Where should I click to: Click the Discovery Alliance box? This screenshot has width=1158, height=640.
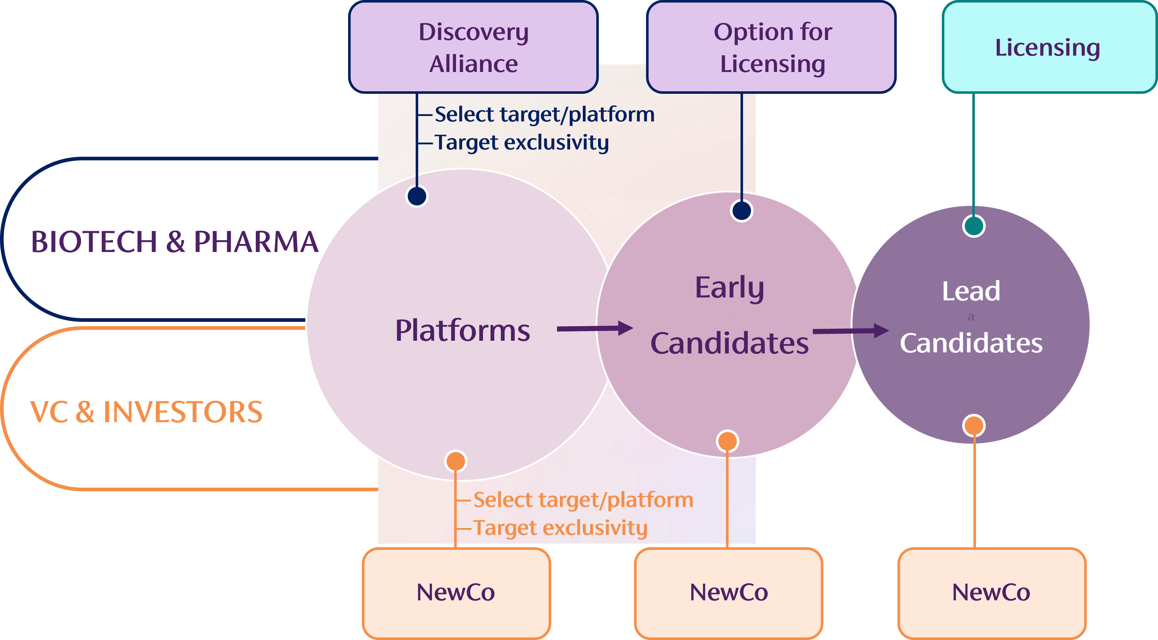click(x=473, y=47)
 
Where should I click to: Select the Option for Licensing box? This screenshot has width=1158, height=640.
click(x=771, y=47)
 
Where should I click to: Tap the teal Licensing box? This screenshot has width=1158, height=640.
click(x=1050, y=47)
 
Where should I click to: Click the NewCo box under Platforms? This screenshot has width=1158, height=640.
click(x=456, y=593)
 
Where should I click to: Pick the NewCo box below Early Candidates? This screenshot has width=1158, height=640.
click(x=729, y=593)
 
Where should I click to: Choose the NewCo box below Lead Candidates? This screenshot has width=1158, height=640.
click(x=992, y=593)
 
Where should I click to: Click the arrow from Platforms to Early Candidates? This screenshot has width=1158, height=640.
click(x=595, y=328)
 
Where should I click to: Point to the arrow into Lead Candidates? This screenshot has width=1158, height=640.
click(x=851, y=331)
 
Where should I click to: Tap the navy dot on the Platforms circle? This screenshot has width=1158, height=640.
click(x=417, y=196)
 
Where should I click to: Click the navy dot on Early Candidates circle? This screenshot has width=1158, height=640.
click(x=742, y=211)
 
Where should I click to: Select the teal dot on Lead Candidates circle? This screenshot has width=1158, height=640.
click(x=974, y=226)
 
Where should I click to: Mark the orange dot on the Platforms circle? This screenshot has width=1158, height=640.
click(x=456, y=461)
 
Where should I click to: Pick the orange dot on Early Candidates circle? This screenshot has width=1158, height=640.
click(x=727, y=441)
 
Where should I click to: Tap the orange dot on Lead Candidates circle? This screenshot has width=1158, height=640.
click(x=974, y=425)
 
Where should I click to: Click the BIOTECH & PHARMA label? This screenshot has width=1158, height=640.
click(x=174, y=242)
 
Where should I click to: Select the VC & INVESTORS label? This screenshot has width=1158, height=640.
click(x=146, y=412)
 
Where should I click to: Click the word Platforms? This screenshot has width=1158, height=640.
click(x=463, y=331)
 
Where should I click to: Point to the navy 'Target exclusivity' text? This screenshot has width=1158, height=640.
click(x=522, y=143)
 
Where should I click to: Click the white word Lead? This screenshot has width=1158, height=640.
click(x=971, y=291)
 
